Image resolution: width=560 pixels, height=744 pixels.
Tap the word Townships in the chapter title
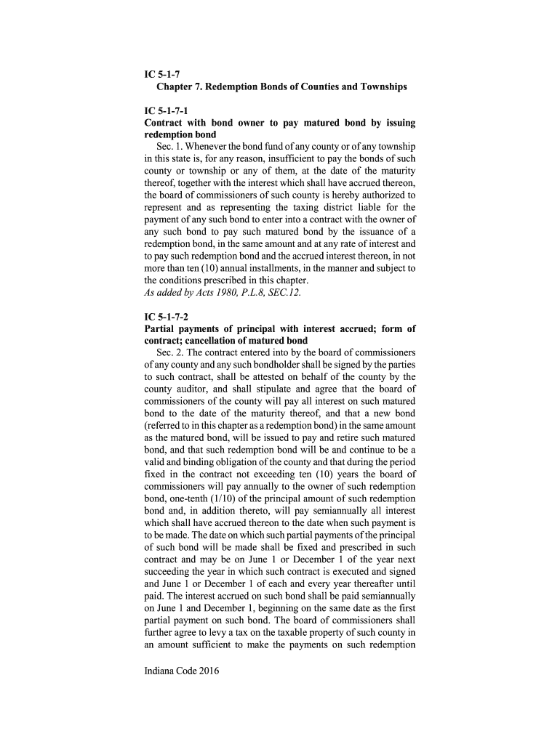[376, 87]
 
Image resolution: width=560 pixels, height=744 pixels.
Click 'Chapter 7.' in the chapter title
[180, 87]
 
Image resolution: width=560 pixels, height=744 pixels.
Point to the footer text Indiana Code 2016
[182, 671]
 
